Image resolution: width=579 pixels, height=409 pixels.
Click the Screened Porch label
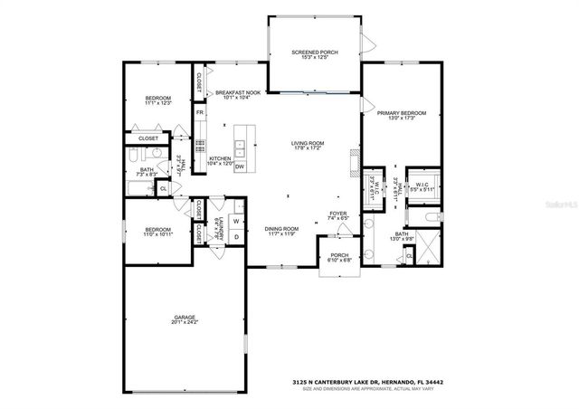(315, 52)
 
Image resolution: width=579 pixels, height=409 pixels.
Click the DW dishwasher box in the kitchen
(240, 167)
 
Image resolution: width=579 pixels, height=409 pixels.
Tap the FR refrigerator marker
(199, 112)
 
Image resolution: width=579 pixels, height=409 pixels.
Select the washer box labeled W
(235, 221)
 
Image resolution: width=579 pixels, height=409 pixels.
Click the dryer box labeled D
(235, 237)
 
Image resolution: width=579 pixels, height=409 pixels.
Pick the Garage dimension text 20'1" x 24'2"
(185, 322)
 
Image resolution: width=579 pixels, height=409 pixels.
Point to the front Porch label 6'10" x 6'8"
(339, 256)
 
